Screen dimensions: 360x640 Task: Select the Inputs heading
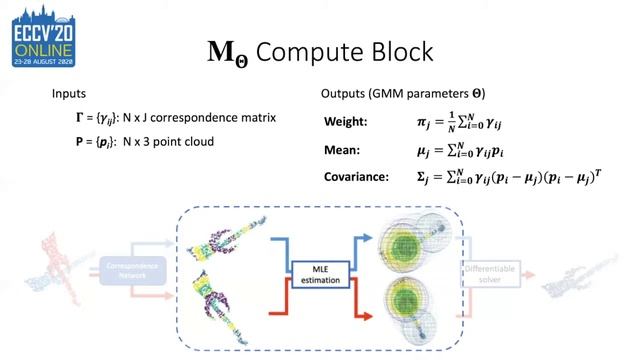tap(71, 93)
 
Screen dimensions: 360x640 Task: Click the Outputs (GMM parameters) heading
tap(402, 93)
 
